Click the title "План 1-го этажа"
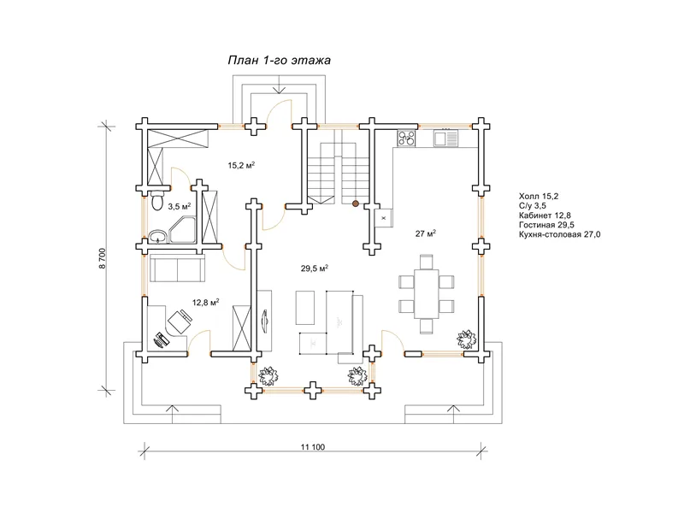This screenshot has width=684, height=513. (280, 60)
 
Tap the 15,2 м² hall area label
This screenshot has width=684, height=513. (241, 165)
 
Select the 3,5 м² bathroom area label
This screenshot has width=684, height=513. (180, 206)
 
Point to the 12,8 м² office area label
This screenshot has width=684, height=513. (205, 303)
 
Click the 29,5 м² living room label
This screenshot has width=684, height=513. (315, 268)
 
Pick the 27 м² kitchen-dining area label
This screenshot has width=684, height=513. (426, 233)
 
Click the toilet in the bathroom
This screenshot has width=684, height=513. (157, 201)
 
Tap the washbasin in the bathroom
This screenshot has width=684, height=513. (157, 238)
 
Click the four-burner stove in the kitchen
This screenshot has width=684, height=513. (406, 139)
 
